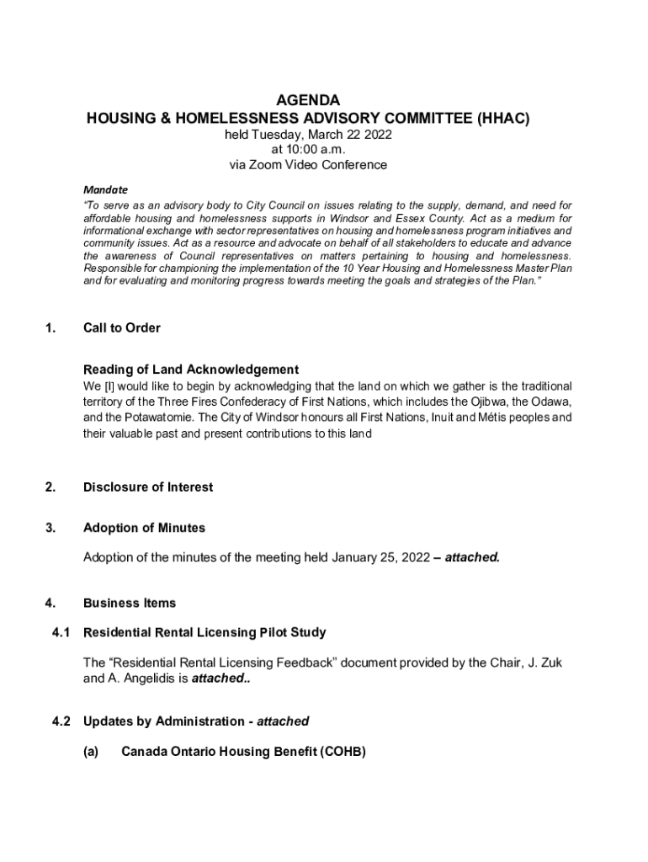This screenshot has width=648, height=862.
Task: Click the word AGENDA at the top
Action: [x=308, y=100]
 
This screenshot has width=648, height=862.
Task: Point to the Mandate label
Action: [x=105, y=189]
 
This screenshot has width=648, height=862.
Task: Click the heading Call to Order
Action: [x=121, y=327]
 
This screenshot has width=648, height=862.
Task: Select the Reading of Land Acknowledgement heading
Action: [x=191, y=370]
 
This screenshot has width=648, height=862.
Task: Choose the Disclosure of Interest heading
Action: [x=148, y=487]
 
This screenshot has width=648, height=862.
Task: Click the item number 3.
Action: [x=50, y=528]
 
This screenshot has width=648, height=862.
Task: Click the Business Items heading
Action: [x=130, y=603]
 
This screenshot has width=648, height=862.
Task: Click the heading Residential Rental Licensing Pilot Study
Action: [x=204, y=632]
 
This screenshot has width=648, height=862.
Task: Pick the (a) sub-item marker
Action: [x=91, y=752]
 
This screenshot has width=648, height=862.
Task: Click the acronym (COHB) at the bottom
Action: [x=343, y=752]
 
